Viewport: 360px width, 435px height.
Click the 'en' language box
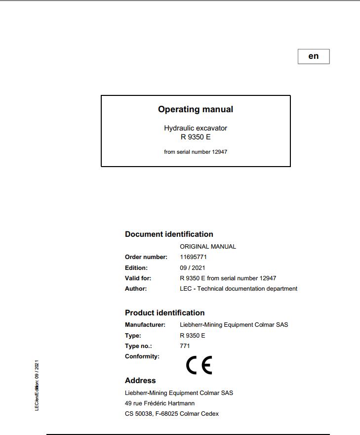pyautogui.click(x=313, y=56)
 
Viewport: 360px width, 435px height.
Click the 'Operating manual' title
pyautogui.click(x=196, y=109)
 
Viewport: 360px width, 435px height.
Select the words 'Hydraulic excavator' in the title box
pyautogui.click(x=196, y=128)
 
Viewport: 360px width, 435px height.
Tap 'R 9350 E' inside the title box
pyautogui.click(x=196, y=137)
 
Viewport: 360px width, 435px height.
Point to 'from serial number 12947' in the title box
pyautogui.click(x=196, y=152)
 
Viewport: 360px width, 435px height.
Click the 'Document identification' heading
pyautogui.click(x=169, y=234)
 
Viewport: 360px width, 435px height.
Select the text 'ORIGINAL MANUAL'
pyautogui.click(x=208, y=246)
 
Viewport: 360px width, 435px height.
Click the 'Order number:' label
pyautogui.click(x=146, y=257)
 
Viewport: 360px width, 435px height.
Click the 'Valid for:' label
pyautogui.click(x=138, y=278)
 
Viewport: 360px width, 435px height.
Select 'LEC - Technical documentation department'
pyautogui.click(x=239, y=289)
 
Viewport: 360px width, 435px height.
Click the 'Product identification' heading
pyautogui.click(x=164, y=313)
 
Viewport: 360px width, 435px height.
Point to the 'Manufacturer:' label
pyautogui.click(x=145, y=325)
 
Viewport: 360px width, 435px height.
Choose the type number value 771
pyautogui.click(x=185, y=346)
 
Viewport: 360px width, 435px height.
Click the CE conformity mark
pyautogui.click(x=199, y=365)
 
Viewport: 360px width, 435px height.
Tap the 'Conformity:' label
pyautogui.click(x=142, y=356)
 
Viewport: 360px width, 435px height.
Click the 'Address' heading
pyautogui.click(x=140, y=381)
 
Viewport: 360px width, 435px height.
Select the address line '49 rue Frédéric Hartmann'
pyautogui.click(x=160, y=403)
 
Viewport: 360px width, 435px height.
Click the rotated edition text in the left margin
pyautogui.click(x=37, y=385)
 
